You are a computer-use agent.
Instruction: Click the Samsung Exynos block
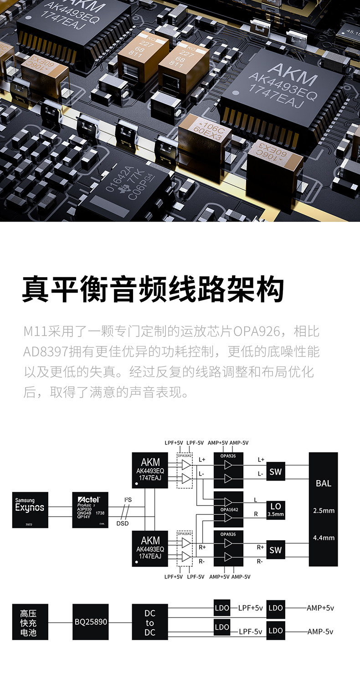click(x=30, y=510)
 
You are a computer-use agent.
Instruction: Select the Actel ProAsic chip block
click(x=90, y=510)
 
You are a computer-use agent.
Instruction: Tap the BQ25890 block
click(x=90, y=621)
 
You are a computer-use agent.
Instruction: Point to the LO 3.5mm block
click(x=276, y=509)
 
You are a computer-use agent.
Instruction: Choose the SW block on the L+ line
click(x=276, y=472)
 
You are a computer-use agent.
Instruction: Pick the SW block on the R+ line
click(x=276, y=550)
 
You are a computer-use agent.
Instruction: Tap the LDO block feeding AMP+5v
click(x=276, y=608)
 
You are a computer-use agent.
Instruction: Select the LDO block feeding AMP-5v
click(x=276, y=631)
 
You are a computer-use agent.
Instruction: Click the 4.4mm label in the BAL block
click(x=324, y=538)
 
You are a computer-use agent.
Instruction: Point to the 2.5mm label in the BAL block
click(x=324, y=511)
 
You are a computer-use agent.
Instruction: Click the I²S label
click(x=128, y=500)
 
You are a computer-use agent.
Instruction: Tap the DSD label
click(x=123, y=523)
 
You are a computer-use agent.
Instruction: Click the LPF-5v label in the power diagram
click(x=251, y=632)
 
